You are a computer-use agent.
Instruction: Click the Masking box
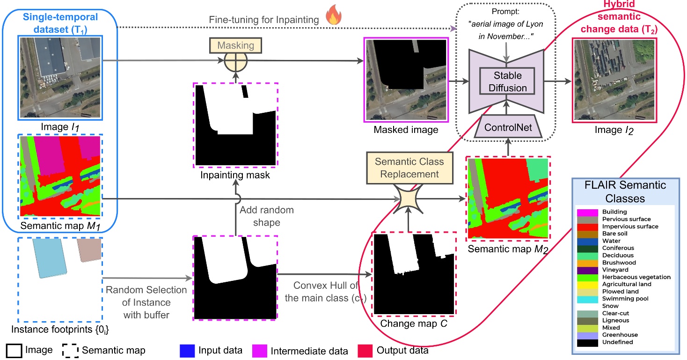(x=235, y=45)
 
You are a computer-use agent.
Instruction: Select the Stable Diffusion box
(x=508, y=81)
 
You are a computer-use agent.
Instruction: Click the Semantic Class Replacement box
(x=409, y=168)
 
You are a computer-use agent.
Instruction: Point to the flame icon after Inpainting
(x=334, y=15)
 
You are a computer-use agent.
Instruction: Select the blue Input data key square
(x=186, y=350)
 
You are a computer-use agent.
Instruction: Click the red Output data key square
(x=365, y=350)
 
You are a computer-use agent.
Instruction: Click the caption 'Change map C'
(x=410, y=323)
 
